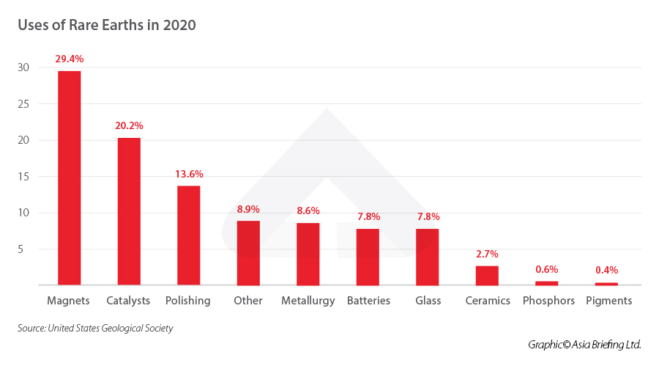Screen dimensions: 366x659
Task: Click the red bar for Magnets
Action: point(69,177)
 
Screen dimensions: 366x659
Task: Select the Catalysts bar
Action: point(129,211)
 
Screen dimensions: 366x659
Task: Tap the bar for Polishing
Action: point(189,235)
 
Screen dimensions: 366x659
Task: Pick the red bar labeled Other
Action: point(248,252)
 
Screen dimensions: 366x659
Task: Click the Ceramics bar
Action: point(487,275)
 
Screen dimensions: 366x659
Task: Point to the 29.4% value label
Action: point(69,58)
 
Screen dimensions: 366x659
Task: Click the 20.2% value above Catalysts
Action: point(129,125)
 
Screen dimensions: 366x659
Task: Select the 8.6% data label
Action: point(308,211)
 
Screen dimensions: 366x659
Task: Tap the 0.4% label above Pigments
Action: point(606,270)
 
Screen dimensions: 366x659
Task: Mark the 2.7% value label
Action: point(487,254)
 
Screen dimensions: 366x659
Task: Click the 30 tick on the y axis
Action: point(23,67)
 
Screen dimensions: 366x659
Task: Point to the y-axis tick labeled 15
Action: point(23,177)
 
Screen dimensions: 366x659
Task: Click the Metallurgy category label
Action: point(308,301)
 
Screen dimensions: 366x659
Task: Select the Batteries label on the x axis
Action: point(368,301)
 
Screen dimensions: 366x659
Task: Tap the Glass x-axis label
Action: point(428,301)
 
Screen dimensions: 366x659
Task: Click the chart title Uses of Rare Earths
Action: point(106,25)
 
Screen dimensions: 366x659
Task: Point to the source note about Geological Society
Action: point(95,328)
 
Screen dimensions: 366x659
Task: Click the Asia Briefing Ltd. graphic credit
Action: point(584,344)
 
